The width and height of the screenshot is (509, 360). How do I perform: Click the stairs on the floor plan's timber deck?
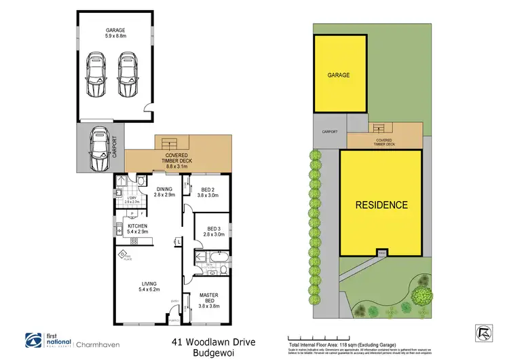pyautogui.click(x=168, y=143)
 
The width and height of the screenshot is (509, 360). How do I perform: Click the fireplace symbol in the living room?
pyautogui.click(x=125, y=255)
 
